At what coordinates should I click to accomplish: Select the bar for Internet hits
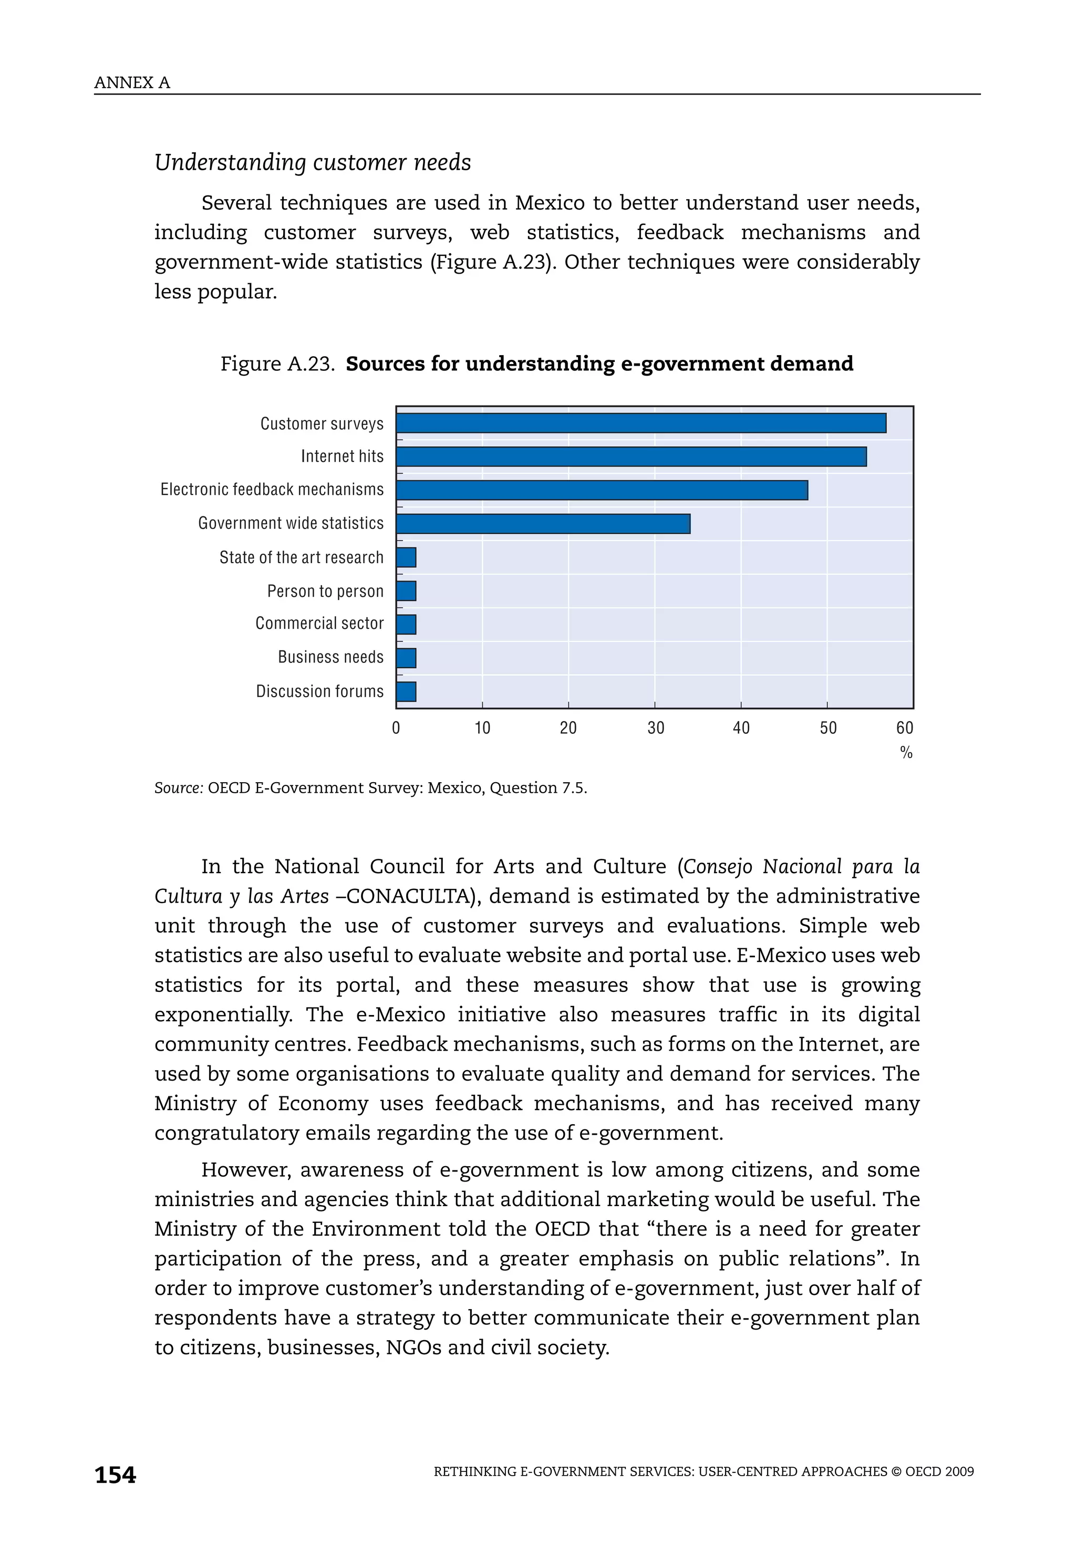point(631,457)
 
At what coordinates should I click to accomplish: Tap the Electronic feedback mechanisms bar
point(602,491)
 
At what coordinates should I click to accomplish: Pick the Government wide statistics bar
point(543,524)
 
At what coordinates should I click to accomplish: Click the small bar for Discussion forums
point(406,692)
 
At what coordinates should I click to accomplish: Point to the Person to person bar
point(406,591)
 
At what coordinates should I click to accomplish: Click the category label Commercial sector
point(319,623)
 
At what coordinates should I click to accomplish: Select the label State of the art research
point(301,557)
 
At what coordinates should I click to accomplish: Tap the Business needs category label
point(330,657)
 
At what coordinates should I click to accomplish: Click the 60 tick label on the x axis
point(904,728)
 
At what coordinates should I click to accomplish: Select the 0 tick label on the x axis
point(396,728)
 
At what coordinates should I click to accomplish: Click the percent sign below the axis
point(906,753)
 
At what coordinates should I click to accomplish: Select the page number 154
point(115,1475)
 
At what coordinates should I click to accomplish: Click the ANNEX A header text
point(132,83)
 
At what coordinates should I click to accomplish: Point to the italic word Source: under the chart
point(178,788)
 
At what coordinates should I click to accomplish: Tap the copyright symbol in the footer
point(896,1471)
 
